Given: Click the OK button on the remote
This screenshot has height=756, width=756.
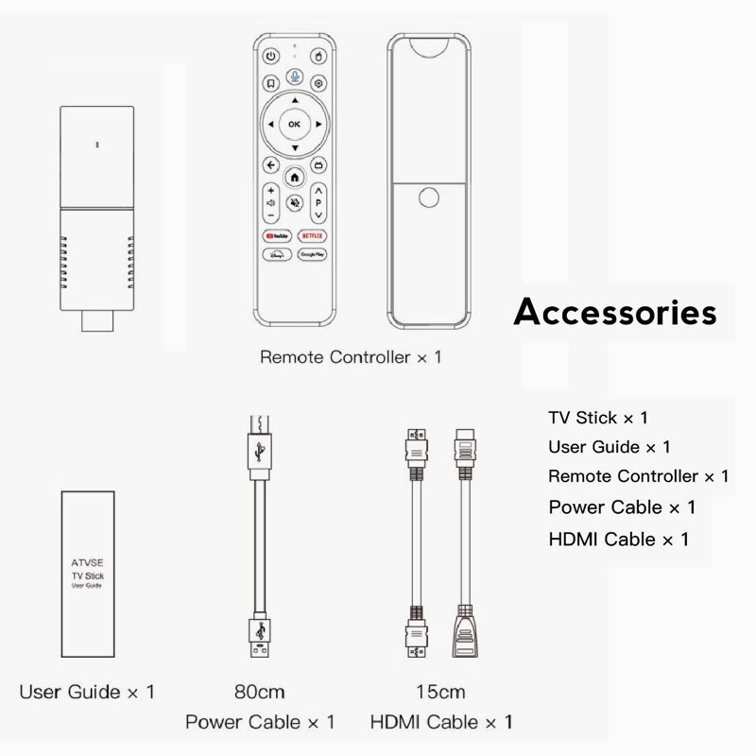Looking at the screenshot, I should pyautogui.click(x=294, y=124).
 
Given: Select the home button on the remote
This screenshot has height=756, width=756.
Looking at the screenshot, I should pyautogui.click(x=295, y=177).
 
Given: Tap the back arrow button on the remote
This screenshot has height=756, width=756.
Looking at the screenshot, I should pyautogui.click(x=271, y=165).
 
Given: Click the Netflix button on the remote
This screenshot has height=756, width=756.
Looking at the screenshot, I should pyautogui.click(x=312, y=232).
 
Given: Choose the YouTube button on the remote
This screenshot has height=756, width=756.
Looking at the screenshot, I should pyautogui.click(x=274, y=232).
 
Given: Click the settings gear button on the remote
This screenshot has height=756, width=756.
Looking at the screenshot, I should pyautogui.click(x=319, y=82).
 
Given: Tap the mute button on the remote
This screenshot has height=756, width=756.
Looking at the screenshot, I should pyautogui.click(x=295, y=202).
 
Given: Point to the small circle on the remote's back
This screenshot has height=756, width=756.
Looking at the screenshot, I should pyautogui.click(x=430, y=199).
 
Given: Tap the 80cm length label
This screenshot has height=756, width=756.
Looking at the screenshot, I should pyautogui.click(x=259, y=692).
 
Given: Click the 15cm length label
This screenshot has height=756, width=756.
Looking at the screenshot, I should pyautogui.click(x=441, y=692).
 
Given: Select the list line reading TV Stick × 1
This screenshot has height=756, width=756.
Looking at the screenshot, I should pyautogui.click(x=598, y=417).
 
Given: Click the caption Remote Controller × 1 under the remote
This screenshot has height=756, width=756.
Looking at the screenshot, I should pyautogui.click(x=351, y=358).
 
